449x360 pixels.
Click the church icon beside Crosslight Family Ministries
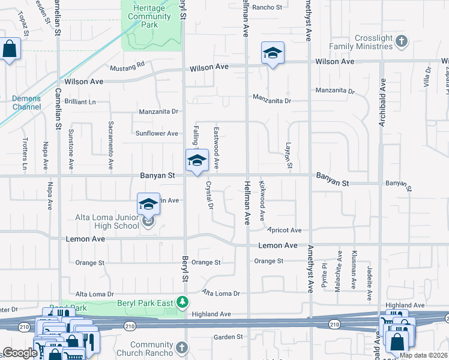pyautogui.click(x=402, y=41)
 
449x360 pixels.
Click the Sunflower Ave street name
pyautogui.click(x=157, y=133)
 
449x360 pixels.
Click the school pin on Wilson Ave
pyautogui.click(x=272, y=54)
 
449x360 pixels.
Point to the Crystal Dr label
pyautogui.click(x=210, y=196)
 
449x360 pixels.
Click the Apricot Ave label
pyautogui.click(x=285, y=230)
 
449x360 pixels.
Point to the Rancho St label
pyautogui.click(x=267, y=7)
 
